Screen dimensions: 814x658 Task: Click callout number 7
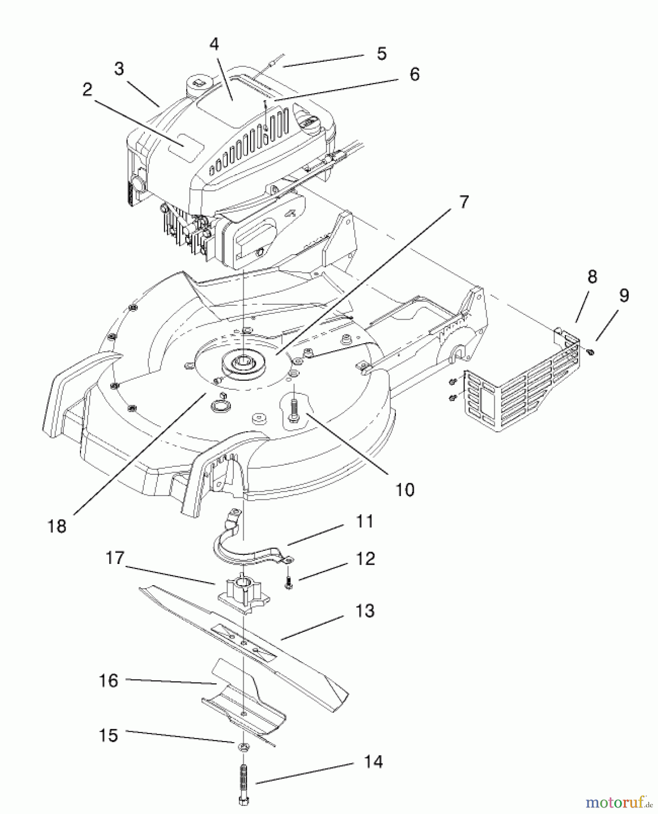(464, 201)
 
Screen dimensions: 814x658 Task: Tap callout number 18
(57, 526)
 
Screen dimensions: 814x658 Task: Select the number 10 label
(405, 489)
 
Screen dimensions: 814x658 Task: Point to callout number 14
(373, 761)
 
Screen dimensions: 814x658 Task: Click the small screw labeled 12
(288, 584)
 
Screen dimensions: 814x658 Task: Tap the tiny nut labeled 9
(591, 352)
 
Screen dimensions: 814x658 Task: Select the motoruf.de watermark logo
(619, 802)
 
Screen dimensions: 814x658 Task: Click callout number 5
(381, 53)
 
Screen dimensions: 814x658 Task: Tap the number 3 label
(118, 69)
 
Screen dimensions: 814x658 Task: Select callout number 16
(109, 681)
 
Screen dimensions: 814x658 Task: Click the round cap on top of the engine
(198, 82)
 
